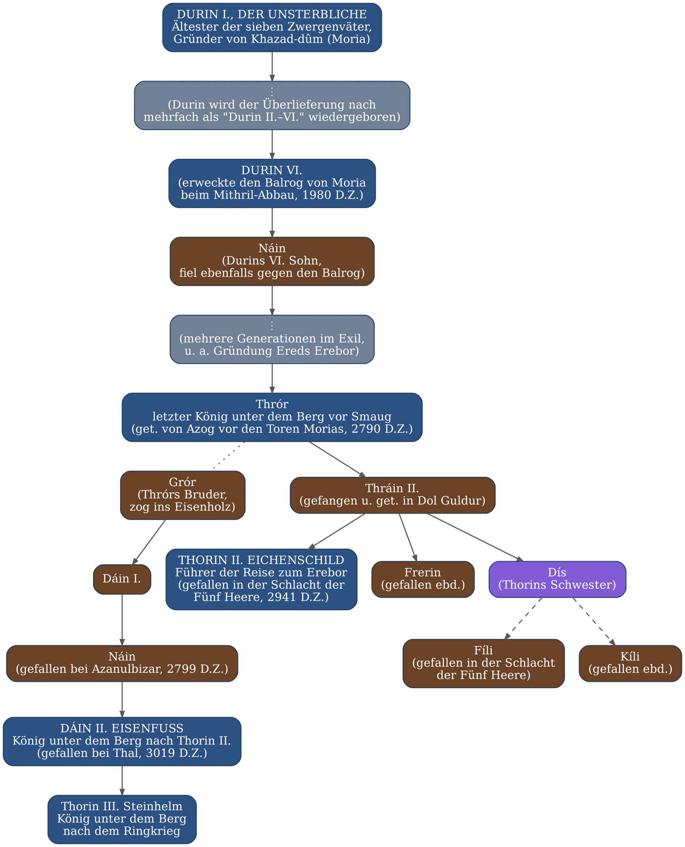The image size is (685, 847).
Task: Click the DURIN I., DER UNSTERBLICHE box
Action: pos(272,28)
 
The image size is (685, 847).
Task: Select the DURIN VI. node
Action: pos(272,183)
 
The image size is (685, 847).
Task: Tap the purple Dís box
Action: pos(557,579)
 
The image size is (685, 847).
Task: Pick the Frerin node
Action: pos(423,579)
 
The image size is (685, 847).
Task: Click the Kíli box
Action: pos(630,664)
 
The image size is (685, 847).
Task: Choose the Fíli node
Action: pos(484,664)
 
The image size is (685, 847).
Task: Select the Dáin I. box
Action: pos(122,579)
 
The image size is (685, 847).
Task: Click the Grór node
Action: pos(183,495)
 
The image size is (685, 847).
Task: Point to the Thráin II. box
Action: pos(393,495)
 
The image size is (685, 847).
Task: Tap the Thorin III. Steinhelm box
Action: pos(122,819)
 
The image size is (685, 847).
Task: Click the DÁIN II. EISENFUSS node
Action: pos(122,742)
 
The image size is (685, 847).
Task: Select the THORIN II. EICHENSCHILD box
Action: pos(261,579)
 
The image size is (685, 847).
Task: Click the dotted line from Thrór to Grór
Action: pos(228,456)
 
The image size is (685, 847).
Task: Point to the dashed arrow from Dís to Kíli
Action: pos(594,621)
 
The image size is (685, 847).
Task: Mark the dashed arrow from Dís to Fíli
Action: pos(523,618)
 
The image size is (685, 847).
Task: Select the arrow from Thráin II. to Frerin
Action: pos(408,537)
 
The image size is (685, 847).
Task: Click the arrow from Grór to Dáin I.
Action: pos(149,542)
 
